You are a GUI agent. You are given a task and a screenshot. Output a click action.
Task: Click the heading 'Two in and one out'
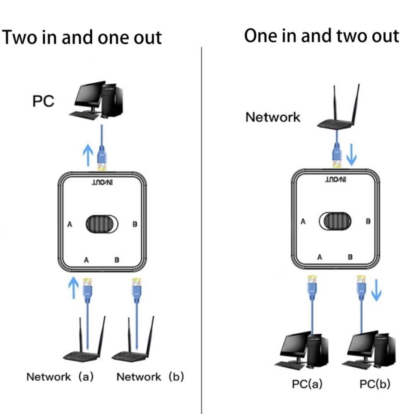(82, 37)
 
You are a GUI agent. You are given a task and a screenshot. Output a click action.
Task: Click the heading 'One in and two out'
(321, 36)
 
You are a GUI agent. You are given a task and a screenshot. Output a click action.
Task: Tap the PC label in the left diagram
(43, 101)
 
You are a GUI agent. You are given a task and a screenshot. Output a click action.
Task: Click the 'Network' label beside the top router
(273, 117)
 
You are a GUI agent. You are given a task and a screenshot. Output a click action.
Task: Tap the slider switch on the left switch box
(102, 224)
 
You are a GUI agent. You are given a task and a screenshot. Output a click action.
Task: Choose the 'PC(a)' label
(307, 384)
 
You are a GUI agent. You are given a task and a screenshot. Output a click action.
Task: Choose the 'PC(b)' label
(375, 384)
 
